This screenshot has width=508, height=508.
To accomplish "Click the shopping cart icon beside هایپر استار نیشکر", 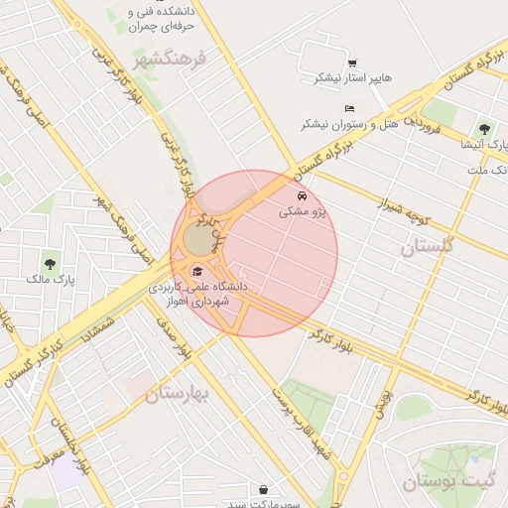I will click(353, 63).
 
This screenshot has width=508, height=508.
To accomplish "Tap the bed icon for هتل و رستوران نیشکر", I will click(348, 108).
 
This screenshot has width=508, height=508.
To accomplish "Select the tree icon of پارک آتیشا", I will click(484, 128).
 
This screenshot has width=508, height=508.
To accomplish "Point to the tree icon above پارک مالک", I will click(50, 263).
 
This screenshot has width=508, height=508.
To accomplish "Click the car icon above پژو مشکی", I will click(302, 195).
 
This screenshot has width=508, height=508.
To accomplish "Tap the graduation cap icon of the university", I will click(196, 272).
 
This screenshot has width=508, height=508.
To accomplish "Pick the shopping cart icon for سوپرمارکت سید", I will click(263, 489).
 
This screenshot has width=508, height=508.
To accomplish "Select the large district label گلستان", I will click(427, 246).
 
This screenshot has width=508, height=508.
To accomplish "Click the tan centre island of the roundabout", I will click(199, 240).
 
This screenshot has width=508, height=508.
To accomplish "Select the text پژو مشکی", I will click(303, 211).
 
